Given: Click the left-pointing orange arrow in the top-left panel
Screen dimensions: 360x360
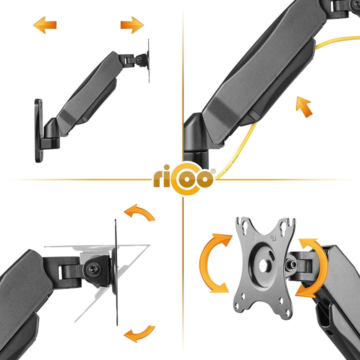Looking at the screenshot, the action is click(45, 25).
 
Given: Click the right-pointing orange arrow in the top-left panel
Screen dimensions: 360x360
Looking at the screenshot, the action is click(132, 25).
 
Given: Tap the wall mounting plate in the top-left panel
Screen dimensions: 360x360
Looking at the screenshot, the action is click(38, 130).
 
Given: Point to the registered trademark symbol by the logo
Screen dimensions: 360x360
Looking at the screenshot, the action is click(213, 171).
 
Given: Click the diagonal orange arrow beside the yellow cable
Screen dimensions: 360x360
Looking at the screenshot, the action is click(304, 107).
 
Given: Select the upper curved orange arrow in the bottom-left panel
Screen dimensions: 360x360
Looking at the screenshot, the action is click(139, 213).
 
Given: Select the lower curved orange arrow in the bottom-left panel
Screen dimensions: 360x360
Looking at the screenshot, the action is click(139, 334).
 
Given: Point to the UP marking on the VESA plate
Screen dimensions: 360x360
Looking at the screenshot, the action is click(273, 239).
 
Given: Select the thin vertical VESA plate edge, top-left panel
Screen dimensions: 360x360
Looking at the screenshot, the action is click(149, 61).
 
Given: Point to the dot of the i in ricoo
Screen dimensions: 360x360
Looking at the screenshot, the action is click(166, 167).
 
